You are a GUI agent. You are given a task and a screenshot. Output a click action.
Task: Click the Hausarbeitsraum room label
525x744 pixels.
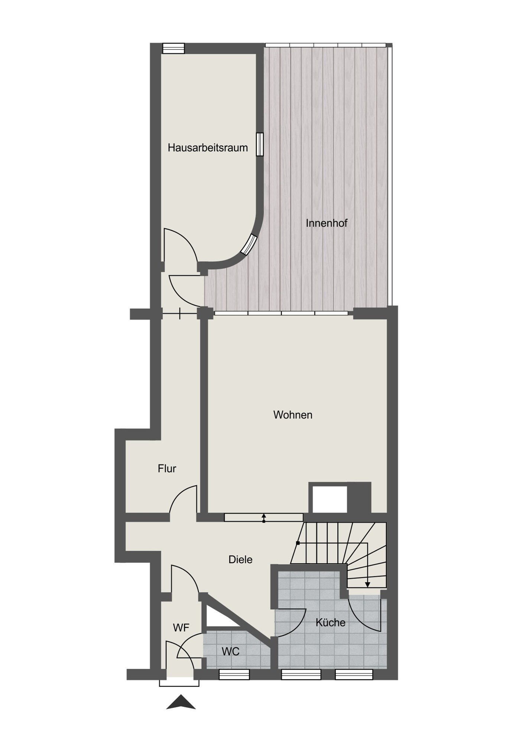208,148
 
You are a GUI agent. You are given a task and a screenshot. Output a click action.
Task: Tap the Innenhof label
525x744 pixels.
327,223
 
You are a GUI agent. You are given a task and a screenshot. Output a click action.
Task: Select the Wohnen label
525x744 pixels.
293,415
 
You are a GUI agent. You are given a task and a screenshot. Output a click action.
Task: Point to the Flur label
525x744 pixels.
167,468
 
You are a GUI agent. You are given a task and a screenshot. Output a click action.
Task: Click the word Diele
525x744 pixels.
240,559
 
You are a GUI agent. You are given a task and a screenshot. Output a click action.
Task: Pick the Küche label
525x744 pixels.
330,622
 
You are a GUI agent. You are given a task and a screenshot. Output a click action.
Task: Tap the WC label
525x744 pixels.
230,651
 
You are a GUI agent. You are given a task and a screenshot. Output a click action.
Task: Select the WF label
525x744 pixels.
181,628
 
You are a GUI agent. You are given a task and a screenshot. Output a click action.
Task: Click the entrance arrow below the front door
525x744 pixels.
181,702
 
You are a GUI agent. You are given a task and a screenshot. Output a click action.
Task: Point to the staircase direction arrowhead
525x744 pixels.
367,584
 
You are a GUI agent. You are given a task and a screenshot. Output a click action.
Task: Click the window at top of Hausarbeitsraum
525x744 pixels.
174,48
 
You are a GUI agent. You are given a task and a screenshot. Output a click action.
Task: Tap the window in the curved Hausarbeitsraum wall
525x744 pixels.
249,244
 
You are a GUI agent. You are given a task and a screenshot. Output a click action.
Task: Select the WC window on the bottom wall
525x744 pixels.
234,674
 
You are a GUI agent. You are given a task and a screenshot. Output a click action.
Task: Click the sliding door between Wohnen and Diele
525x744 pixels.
264,517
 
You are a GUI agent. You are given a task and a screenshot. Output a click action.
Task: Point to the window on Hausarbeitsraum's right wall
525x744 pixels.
260,144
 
